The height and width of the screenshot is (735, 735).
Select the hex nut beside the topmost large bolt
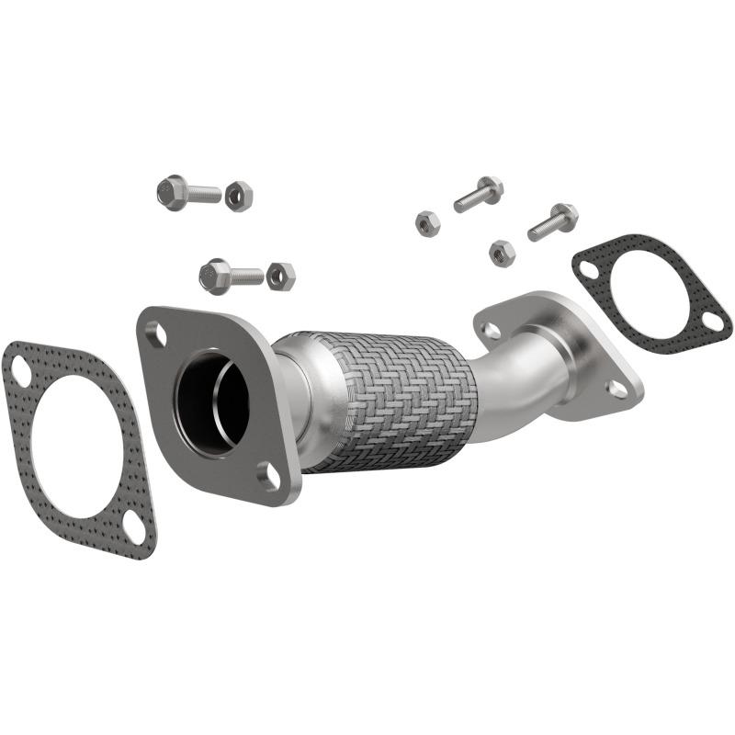tap(238, 195)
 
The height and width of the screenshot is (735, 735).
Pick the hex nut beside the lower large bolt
tap(280, 276)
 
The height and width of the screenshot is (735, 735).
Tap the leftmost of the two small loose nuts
tap(427, 222)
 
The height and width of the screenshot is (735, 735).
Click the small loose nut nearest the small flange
tap(501, 251)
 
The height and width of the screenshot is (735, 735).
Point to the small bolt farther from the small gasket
tap(479, 194)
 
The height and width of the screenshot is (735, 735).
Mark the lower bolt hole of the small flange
tap(617, 389)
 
